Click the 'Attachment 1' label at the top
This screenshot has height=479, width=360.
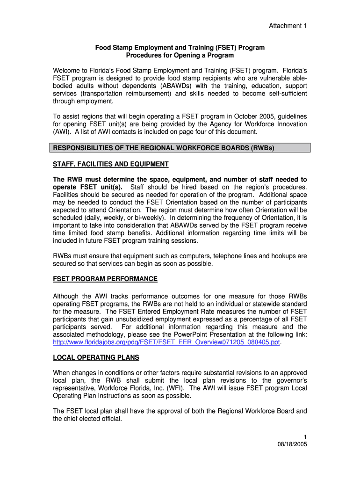tap(287, 26)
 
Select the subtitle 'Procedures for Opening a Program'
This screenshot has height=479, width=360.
tap(180, 55)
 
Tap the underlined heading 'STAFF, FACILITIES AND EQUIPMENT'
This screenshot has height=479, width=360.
tap(110, 164)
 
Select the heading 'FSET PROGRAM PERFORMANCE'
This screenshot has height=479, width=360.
tap(105, 279)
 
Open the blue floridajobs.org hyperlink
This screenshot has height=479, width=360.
tap(166, 342)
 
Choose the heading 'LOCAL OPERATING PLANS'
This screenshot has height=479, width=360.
tap(96, 357)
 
